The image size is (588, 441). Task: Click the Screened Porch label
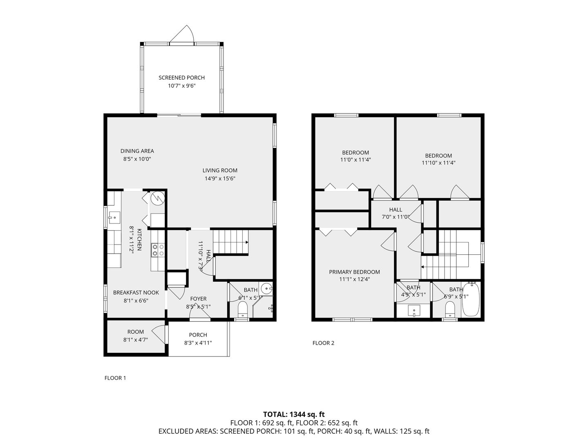pos(181,78)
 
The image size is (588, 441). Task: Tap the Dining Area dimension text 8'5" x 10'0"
pos(137,159)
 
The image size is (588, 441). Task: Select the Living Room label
pos(220,170)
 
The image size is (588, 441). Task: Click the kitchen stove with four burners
pos(158,250)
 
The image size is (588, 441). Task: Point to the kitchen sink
pos(114,218)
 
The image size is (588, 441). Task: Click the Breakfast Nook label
pos(136,292)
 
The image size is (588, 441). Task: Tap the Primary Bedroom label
pos(354,272)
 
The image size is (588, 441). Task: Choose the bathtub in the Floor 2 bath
pos(471,300)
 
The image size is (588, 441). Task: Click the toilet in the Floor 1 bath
pos(243,310)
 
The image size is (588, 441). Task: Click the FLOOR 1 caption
pos(115,378)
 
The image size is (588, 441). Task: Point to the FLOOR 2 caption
pos(323,343)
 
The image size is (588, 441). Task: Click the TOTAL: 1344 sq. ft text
pos(294,414)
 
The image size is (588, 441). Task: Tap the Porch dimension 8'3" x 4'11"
pos(198,343)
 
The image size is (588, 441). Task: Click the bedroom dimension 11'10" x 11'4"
pos(438,163)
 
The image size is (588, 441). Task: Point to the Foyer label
pos(198,298)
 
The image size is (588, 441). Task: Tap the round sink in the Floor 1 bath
pos(266,289)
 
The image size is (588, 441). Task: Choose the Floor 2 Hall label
pos(396,210)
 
